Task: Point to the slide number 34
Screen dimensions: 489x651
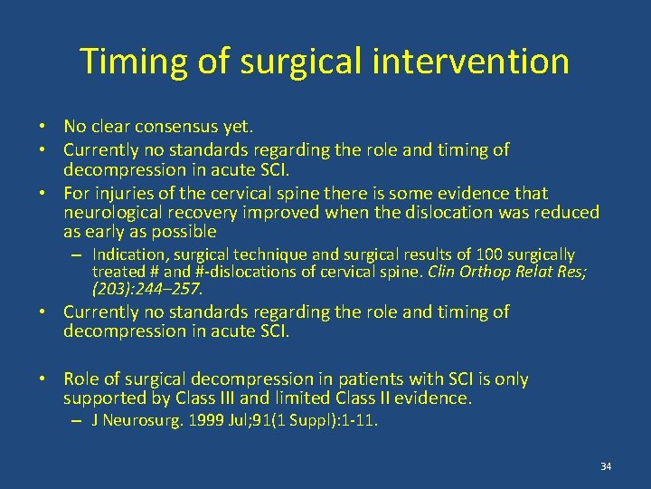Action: click(606, 466)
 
